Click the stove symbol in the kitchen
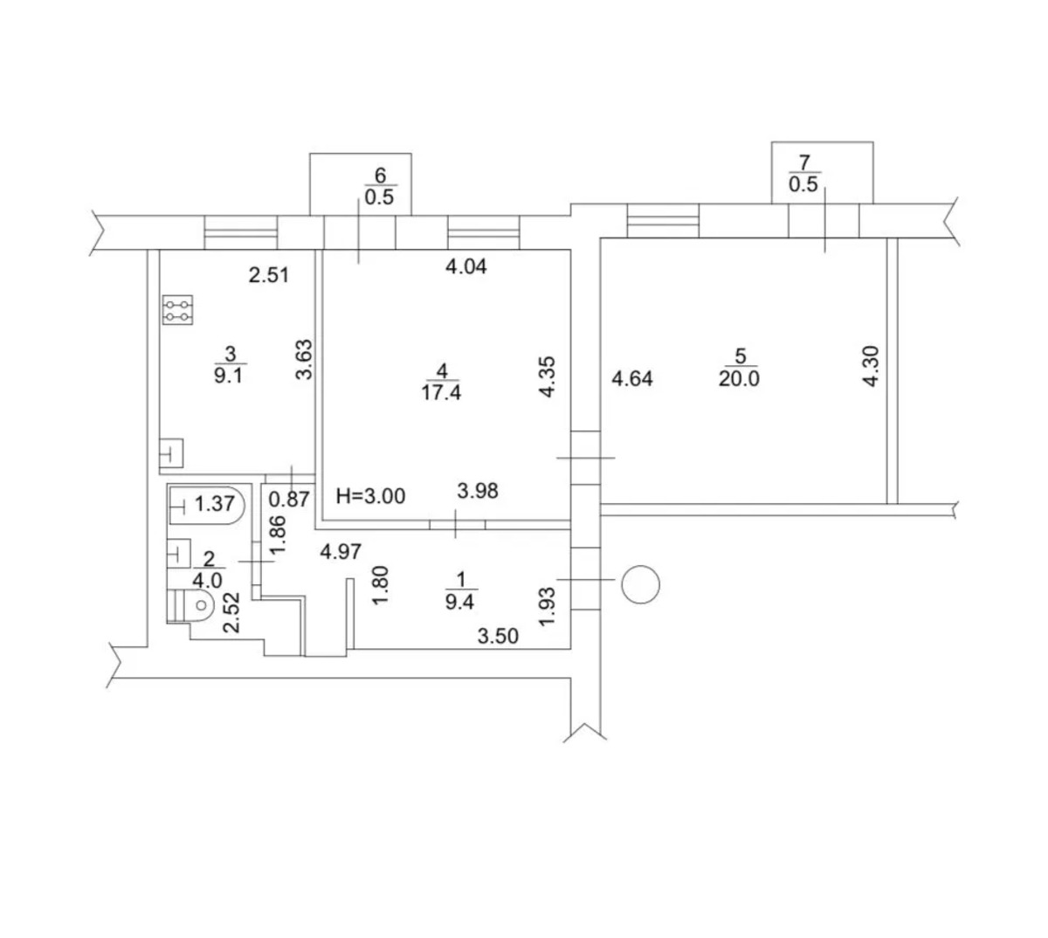(x=177, y=310)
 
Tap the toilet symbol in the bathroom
(x=191, y=604)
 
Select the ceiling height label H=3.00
(x=370, y=497)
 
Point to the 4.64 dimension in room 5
(x=632, y=379)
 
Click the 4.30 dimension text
(x=871, y=366)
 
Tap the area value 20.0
(x=739, y=379)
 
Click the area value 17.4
(x=441, y=393)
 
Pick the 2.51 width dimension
(x=269, y=275)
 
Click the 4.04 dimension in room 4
(x=466, y=267)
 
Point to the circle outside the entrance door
(x=640, y=584)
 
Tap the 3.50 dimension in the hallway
(x=498, y=637)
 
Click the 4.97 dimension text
(x=341, y=552)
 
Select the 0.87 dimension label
(x=289, y=500)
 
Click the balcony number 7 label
(x=803, y=163)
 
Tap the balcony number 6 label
(x=380, y=176)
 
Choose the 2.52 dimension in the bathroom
(x=231, y=612)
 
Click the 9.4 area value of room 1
(x=460, y=603)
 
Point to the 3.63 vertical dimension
(x=304, y=360)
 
